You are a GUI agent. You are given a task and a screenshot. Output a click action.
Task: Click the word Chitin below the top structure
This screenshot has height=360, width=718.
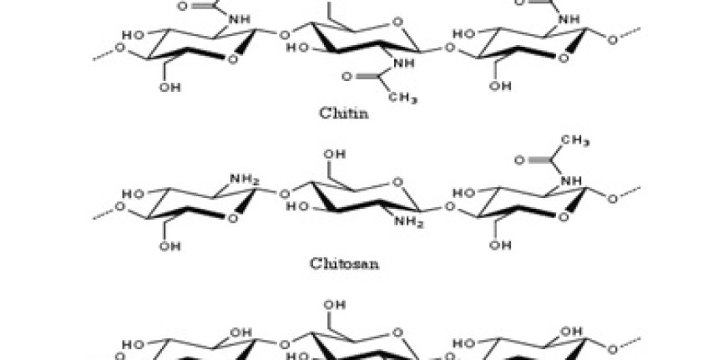pos(344,113)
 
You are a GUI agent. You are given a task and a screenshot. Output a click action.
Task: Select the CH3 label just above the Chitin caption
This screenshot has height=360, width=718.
pos(403,98)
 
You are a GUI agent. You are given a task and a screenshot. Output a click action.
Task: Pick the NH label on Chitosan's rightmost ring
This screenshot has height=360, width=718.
pos(570,179)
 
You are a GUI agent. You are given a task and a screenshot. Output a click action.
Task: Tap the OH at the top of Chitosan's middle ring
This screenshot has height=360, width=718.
pos(333,155)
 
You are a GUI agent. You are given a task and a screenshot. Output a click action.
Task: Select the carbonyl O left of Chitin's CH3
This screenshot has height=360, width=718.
pos(348,77)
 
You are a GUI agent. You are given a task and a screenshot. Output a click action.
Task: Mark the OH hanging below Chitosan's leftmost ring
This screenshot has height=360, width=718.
pos(169,246)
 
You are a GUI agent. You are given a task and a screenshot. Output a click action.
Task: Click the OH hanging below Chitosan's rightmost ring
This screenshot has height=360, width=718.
pos(500,246)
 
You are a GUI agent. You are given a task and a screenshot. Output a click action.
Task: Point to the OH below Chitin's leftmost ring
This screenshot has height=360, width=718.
pos(169,87)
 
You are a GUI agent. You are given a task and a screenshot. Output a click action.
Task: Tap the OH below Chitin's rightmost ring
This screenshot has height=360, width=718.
pos(500,87)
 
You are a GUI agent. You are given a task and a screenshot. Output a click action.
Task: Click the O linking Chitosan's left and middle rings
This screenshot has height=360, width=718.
pos(285,194)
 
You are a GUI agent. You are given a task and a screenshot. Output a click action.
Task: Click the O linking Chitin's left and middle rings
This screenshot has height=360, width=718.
pos(285,35)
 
